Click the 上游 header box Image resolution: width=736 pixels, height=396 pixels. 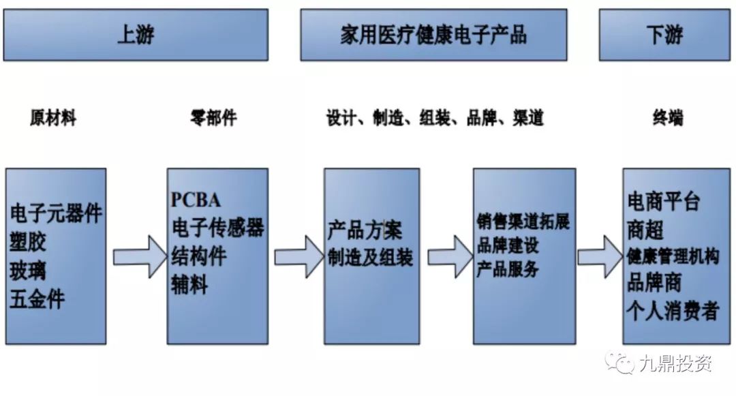pos(136,35)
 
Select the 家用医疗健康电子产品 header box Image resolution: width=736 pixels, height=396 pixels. pos(433,35)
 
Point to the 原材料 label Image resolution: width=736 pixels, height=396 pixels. pos(53,118)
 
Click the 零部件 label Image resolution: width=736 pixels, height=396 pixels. pos(213,118)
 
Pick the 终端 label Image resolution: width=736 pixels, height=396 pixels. pos(667,118)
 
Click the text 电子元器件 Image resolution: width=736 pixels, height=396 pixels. pos(56,213)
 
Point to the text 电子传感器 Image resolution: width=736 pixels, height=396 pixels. pos(217,228)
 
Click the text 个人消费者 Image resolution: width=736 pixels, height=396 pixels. pos(673,311)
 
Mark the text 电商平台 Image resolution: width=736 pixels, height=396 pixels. pos(663,202)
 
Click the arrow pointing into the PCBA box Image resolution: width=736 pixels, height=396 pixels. pos(139,256)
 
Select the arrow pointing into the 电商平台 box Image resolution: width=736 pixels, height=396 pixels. pos(600,256)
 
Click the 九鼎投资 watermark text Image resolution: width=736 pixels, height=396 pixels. pos(675,365)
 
